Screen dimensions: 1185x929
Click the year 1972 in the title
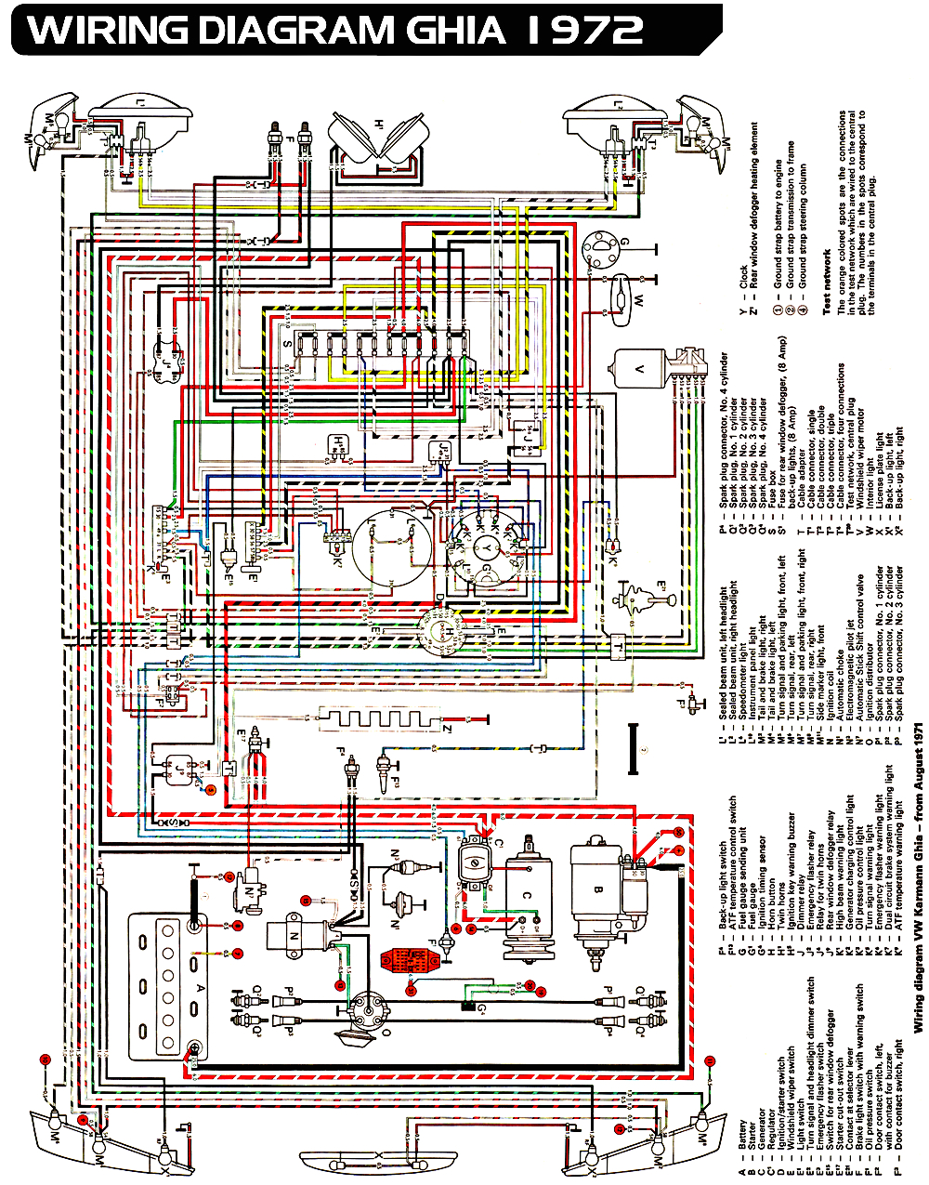tap(584, 30)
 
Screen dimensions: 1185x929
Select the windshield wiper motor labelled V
tap(650, 369)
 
